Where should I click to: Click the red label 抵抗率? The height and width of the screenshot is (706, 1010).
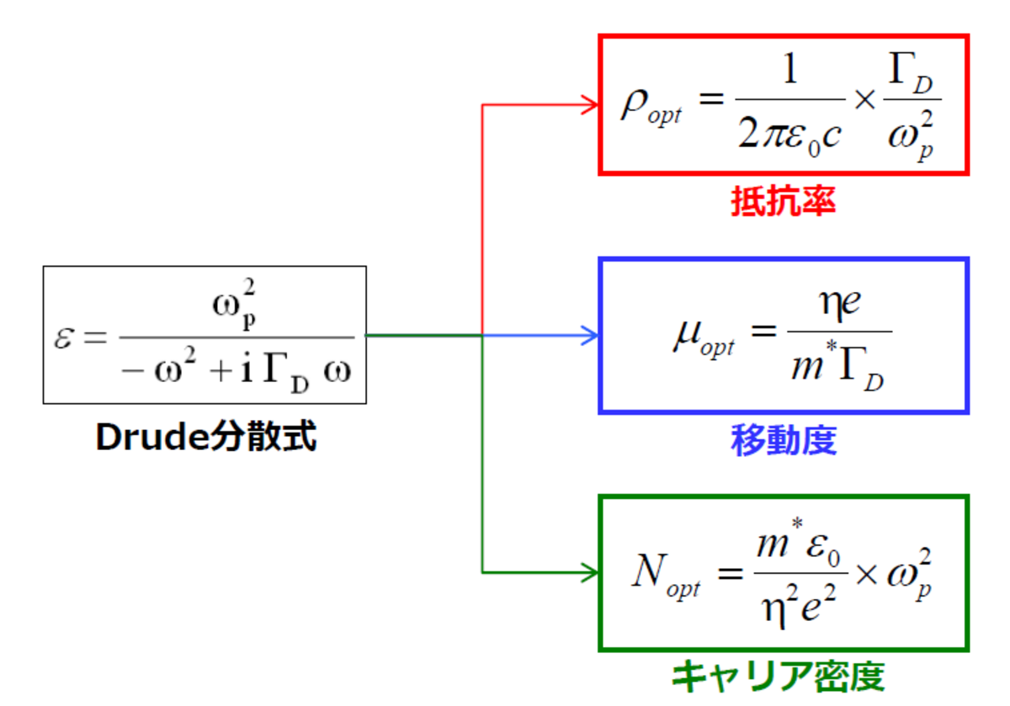[x=783, y=202]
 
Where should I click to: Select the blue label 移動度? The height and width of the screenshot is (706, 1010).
[x=784, y=440]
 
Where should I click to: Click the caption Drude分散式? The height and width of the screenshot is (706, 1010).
[x=205, y=437]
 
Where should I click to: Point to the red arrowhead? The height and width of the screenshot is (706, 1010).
[x=590, y=104]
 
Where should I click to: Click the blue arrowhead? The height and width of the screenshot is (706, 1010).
[x=590, y=336]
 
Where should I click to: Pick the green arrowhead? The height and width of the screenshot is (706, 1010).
[x=590, y=573]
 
